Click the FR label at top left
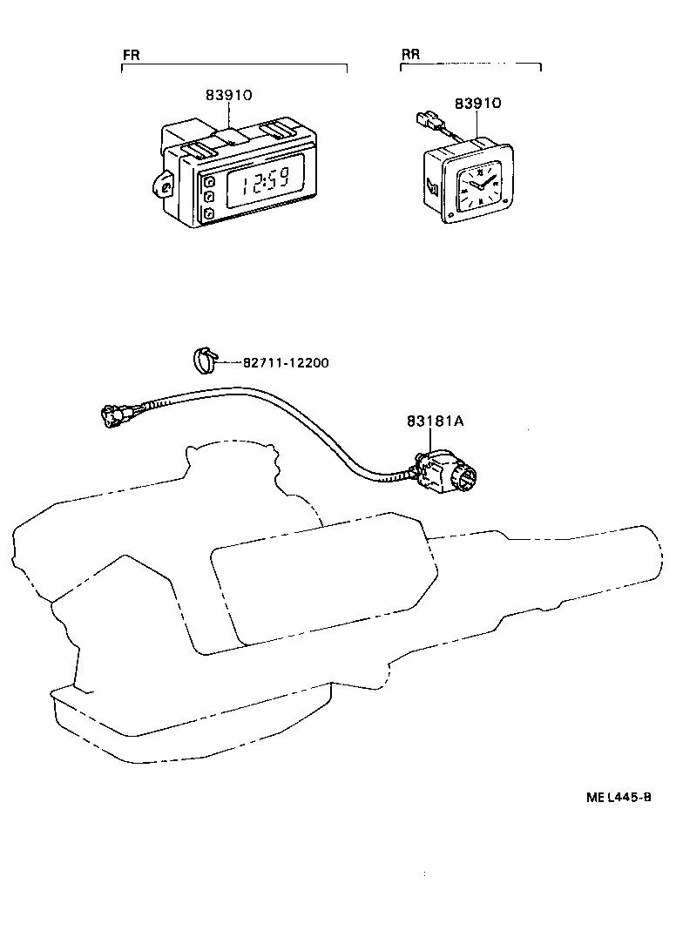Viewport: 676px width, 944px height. pyautogui.click(x=131, y=54)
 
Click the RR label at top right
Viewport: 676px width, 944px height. pyautogui.click(x=410, y=54)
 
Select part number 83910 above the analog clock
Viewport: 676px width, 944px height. pyautogui.click(x=477, y=103)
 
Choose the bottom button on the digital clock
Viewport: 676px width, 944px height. pyautogui.click(x=210, y=213)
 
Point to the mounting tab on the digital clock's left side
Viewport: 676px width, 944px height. pyautogui.click(x=164, y=184)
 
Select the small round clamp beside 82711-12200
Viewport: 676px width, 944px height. pyautogui.click(x=203, y=358)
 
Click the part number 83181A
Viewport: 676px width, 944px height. pyautogui.click(x=435, y=421)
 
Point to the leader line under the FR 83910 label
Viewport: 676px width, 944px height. pyautogui.click(x=229, y=115)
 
